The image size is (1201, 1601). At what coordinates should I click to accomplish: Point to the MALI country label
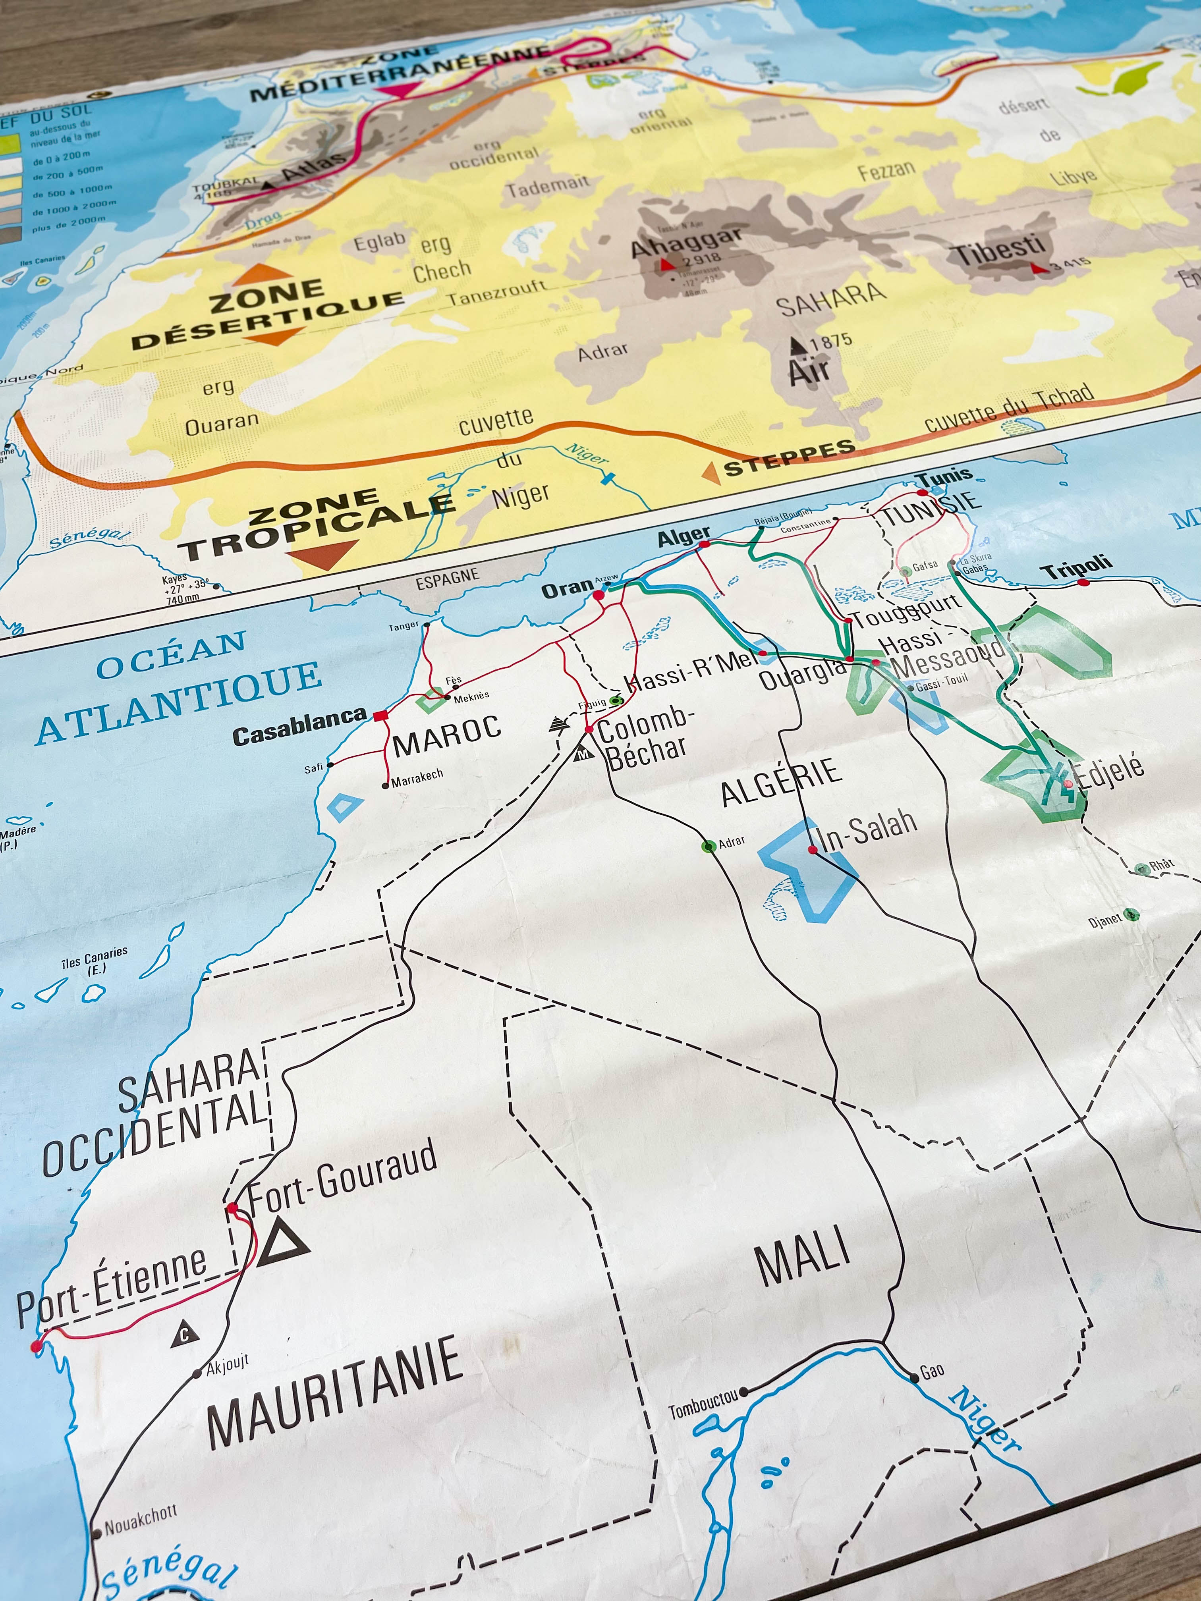(x=802, y=1258)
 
